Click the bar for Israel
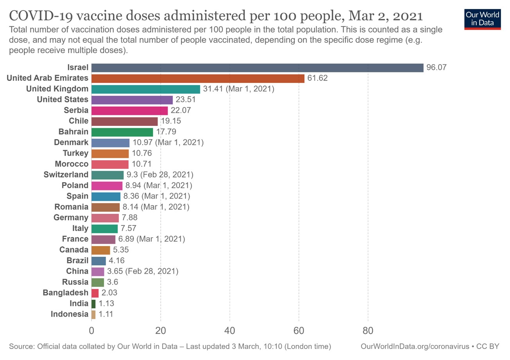257,68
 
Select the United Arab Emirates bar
198,78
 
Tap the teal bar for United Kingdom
145,89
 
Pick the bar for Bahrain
122,132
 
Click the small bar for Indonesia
93,314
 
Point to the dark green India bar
93,304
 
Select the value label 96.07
436,68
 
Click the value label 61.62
317,78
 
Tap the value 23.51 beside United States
185,100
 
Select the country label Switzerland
66,175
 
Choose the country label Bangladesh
66,293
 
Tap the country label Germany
71,218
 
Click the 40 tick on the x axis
230,331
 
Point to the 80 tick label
368,331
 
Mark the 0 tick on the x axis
92,331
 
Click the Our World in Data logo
482,18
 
